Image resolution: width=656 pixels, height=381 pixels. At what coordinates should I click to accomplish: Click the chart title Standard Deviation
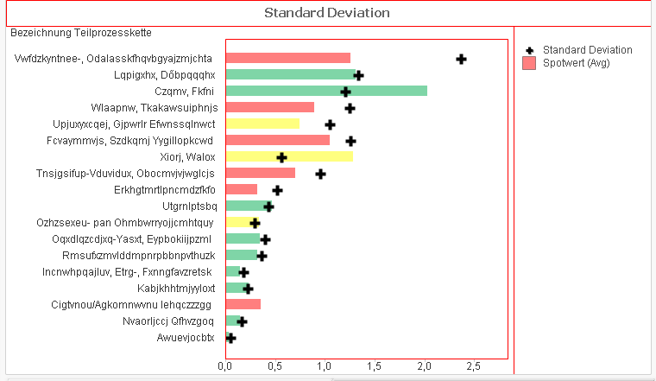pyautogui.click(x=326, y=13)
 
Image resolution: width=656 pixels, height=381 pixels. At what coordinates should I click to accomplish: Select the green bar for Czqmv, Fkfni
pyautogui.click(x=326, y=91)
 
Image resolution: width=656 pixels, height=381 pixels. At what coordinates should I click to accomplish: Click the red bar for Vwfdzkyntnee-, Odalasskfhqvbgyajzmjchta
pyautogui.click(x=287, y=58)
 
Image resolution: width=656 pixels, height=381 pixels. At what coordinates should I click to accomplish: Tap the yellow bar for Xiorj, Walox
pyautogui.click(x=289, y=156)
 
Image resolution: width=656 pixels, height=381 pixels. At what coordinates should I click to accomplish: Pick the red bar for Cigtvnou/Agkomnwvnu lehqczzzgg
pyautogui.click(x=243, y=304)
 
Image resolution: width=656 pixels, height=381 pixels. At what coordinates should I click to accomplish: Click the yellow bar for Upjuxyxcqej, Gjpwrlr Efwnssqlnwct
pyautogui.click(x=262, y=124)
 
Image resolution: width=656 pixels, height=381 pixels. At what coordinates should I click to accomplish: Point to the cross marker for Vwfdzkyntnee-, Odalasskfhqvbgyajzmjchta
pyautogui.click(x=461, y=59)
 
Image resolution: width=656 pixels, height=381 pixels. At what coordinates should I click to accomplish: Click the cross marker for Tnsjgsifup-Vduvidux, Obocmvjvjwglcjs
pyautogui.click(x=320, y=174)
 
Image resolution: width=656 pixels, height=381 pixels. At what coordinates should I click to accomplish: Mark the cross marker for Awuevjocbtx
pyautogui.click(x=230, y=338)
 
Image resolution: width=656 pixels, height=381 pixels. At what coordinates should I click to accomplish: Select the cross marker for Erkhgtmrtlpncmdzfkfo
pyautogui.click(x=277, y=190)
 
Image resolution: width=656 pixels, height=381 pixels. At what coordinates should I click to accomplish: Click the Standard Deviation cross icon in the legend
pyautogui.click(x=529, y=50)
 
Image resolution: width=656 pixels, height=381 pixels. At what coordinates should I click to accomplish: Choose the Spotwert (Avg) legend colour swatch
pyautogui.click(x=529, y=62)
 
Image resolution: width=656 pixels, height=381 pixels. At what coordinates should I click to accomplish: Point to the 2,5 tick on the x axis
pyautogui.click(x=473, y=367)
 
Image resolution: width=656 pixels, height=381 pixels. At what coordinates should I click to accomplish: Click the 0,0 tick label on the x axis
pyautogui.click(x=225, y=367)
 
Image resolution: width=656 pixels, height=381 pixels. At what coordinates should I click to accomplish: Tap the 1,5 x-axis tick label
pyautogui.click(x=374, y=367)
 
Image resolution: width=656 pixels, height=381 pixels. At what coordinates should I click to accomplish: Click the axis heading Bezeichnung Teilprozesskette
pyautogui.click(x=81, y=33)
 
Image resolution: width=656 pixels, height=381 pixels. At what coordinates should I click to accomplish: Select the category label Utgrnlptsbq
pyautogui.click(x=187, y=206)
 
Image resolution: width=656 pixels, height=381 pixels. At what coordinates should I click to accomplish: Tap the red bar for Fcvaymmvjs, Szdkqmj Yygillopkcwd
pyautogui.click(x=277, y=140)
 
